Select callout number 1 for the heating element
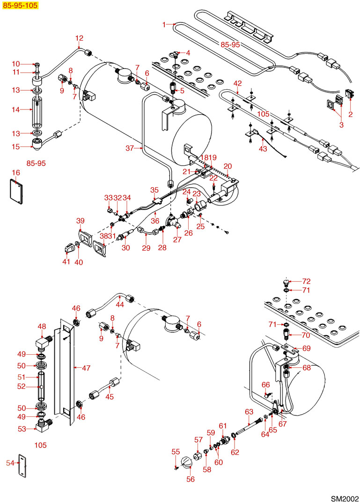pyautogui.click(x=164, y=24)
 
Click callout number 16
pyautogui.click(x=16, y=173)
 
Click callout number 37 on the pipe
pyautogui.click(x=131, y=148)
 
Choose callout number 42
pyautogui.click(x=238, y=83)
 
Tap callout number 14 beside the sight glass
pyautogui.click(x=15, y=109)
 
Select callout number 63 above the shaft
pyautogui.click(x=249, y=411)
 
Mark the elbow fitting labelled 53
pyautogui.click(x=43, y=427)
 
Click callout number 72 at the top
pyautogui.click(x=307, y=281)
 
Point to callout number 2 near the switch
pyautogui.click(x=351, y=113)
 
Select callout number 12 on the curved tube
pyautogui.click(x=79, y=38)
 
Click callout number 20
pyautogui.click(x=228, y=166)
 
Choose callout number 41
pyautogui.click(x=66, y=262)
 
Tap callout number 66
pyautogui.click(x=266, y=384)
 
